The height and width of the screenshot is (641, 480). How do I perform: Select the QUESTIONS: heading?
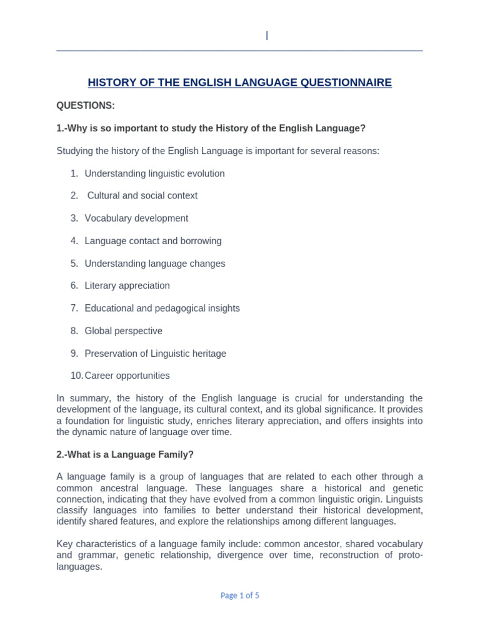[86, 106]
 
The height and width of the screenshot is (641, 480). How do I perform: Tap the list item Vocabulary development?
[136, 218]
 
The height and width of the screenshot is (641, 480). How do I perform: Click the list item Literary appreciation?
[127, 286]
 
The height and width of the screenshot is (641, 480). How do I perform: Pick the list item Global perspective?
[123, 331]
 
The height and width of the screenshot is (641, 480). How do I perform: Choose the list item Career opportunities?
[127, 376]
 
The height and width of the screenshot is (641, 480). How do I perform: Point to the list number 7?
[74, 309]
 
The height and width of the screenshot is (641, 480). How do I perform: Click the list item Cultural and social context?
[142, 196]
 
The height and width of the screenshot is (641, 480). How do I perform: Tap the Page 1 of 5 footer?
[240, 596]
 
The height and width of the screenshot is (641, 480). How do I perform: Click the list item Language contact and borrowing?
[153, 241]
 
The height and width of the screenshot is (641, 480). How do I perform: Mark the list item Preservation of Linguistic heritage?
[155, 354]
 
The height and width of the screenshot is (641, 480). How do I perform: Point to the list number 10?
[76, 376]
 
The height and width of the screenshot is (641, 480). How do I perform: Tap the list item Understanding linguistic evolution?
[154, 173]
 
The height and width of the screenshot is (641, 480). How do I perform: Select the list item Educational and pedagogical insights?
[162, 309]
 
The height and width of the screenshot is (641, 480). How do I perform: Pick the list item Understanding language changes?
[154, 264]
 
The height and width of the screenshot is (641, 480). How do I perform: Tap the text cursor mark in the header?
[267, 36]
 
